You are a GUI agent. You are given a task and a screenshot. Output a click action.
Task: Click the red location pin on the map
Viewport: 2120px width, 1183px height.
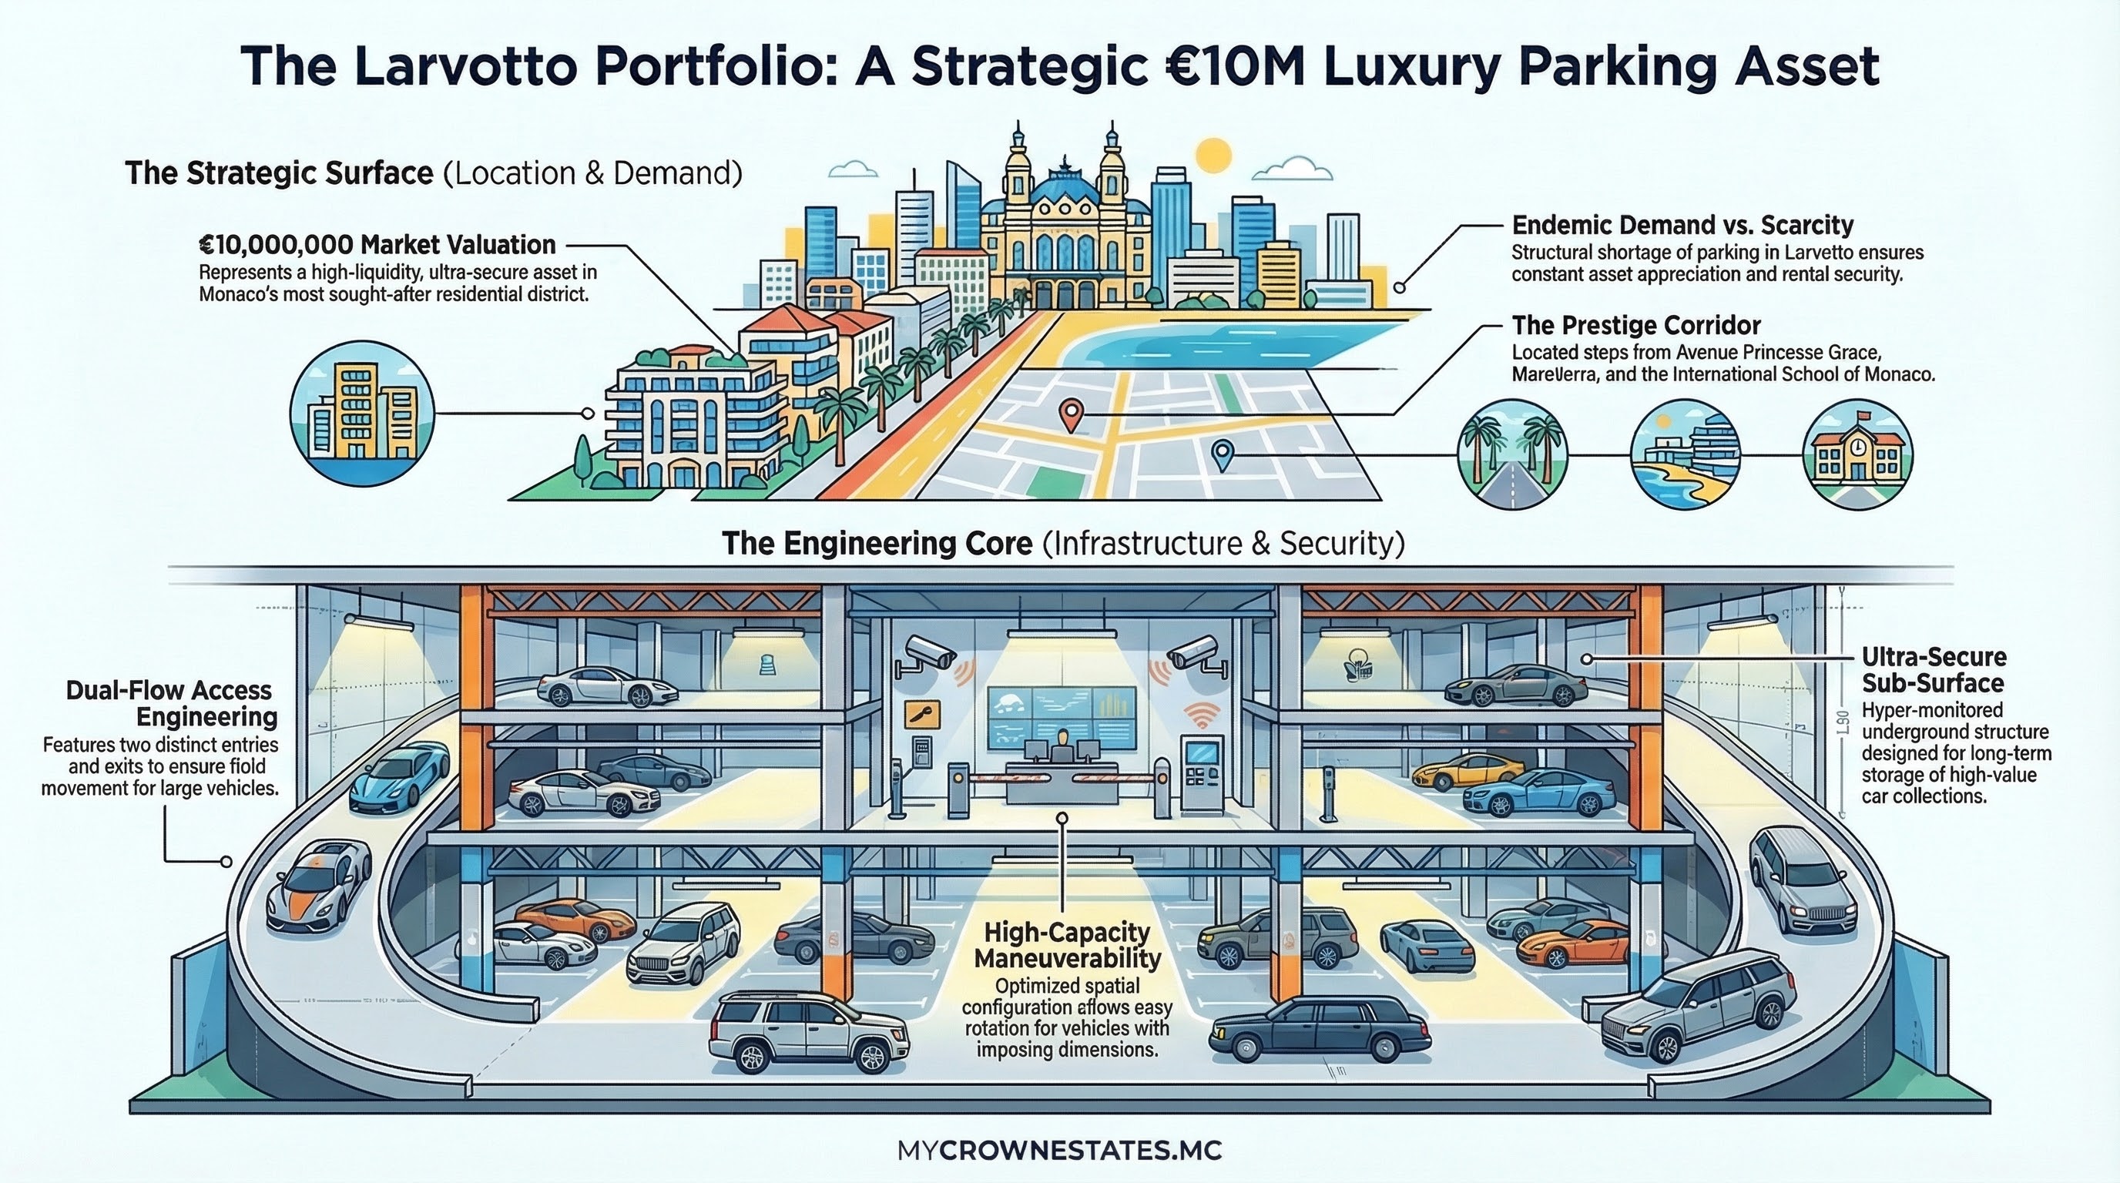(x=1070, y=413)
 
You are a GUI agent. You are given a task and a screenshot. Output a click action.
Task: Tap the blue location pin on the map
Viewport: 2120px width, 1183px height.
(x=1224, y=454)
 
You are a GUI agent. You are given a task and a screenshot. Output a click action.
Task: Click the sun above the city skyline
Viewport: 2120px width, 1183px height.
(x=1213, y=156)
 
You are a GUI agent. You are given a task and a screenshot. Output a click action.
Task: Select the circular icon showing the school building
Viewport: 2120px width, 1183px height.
(x=1857, y=455)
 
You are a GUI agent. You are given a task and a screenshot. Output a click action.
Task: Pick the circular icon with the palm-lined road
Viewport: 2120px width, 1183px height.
(x=1512, y=455)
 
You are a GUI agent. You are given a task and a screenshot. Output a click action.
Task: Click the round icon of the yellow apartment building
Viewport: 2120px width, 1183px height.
(x=361, y=413)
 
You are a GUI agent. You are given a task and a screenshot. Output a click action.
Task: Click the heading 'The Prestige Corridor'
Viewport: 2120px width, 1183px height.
(x=1634, y=326)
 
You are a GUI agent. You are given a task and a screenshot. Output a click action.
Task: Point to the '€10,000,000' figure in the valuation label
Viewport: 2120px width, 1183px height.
(x=277, y=245)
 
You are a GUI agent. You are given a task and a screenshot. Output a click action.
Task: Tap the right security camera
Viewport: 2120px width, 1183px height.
(x=1192, y=652)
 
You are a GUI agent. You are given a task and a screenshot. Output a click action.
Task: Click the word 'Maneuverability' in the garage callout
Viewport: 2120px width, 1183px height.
(x=1068, y=958)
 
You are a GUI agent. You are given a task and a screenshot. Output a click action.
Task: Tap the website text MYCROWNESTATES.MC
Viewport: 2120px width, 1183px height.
(x=1060, y=1150)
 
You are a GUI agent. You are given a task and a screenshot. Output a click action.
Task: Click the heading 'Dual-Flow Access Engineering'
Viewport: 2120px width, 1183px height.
(x=172, y=703)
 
